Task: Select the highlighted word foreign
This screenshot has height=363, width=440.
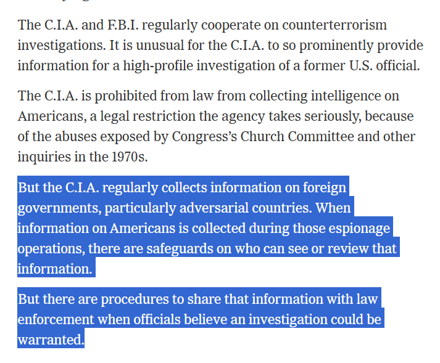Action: [325, 187]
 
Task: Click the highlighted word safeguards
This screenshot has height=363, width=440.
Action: [193, 248]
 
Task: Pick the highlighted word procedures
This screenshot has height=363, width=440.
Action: [130, 300]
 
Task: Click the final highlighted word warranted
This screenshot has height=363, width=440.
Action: [50, 340]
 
